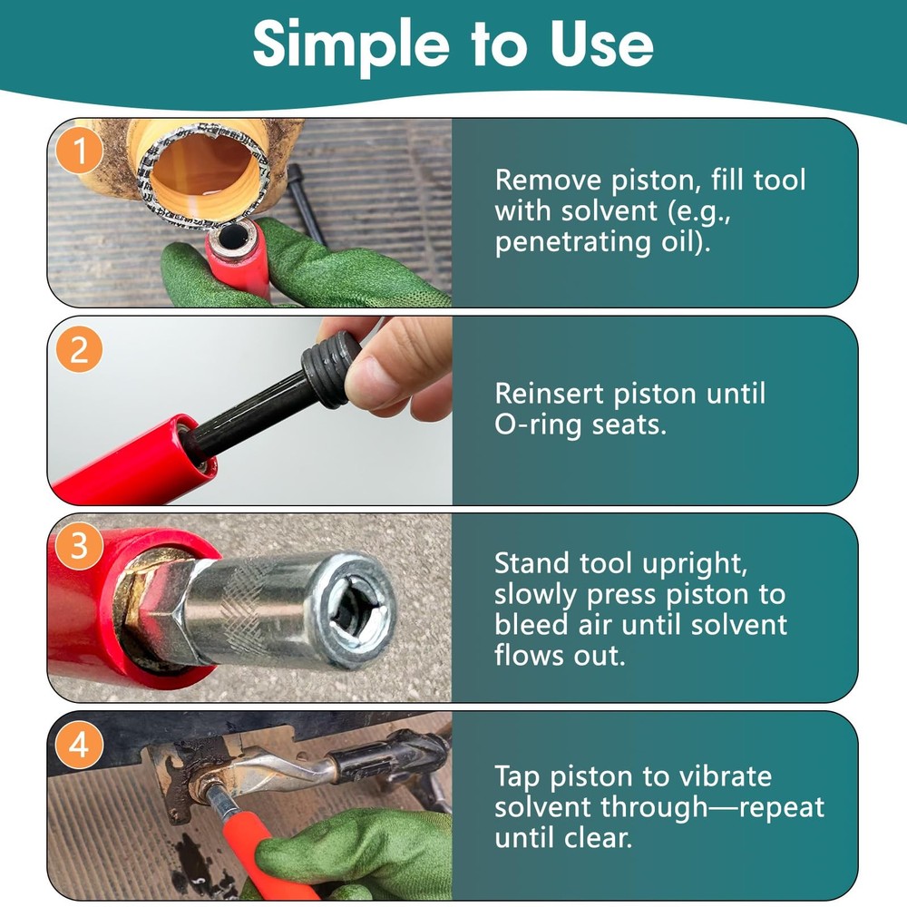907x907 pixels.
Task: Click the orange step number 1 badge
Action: [x=80, y=152]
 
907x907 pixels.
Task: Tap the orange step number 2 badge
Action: [x=80, y=350]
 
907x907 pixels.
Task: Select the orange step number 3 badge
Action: [x=80, y=548]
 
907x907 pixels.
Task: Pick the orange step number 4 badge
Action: [x=80, y=746]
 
